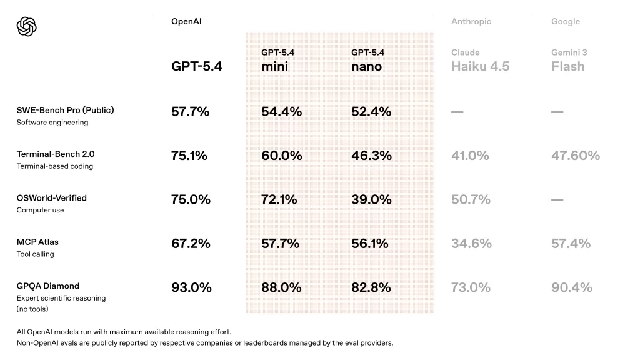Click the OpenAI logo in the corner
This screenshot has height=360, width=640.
(x=27, y=26)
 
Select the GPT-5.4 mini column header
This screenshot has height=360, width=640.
(x=277, y=60)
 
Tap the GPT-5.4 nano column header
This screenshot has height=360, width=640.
(x=367, y=60)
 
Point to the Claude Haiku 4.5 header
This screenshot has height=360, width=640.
(x=480, y=60)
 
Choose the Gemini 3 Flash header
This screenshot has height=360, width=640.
(x=568, y=60)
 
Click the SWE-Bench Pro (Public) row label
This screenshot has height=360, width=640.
(x=65, y=111)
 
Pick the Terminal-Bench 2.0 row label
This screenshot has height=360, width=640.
(x=56, y=154)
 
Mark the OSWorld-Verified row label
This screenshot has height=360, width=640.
(x=52, y=198)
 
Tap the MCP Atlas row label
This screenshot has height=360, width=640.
(x=37, y=242)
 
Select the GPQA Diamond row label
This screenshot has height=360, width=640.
(x=48, y=286)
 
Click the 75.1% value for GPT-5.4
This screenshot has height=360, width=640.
(x=189, y=156)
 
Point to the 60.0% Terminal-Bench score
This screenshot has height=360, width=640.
(x=281, y=156)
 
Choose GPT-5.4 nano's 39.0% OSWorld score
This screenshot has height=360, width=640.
(x=371, y=199)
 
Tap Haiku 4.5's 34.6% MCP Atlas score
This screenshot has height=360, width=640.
(x=471, y=244)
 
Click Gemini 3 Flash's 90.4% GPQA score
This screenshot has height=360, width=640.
(x=571, y=287)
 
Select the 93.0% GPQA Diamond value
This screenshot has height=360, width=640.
(x=191, y=287)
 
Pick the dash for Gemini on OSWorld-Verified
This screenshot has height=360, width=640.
(x=557, y=200)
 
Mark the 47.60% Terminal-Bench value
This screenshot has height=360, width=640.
(x=575, y=156)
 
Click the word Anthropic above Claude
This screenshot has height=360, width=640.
(x=471, y=22)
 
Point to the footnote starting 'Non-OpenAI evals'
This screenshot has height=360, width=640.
(x=205, y=343)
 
